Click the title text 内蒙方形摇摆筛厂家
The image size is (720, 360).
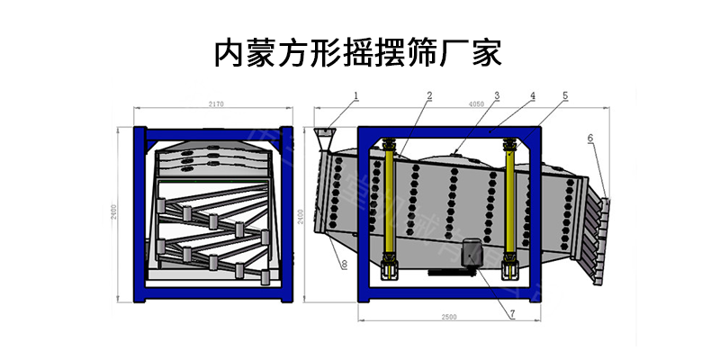tap(360, 52)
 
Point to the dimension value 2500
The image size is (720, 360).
tap(449, 318)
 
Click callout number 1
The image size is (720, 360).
tap(355, 94)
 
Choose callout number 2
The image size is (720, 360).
tap(429, 94)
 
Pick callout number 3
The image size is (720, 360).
tap(496, 94)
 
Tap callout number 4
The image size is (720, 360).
tap(533, 94)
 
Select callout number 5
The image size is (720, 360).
tap(564, 94)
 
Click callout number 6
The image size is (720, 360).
tap(590, 138)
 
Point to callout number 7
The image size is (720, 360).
tap(512, 314)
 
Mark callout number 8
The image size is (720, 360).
tap(344, 263)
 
